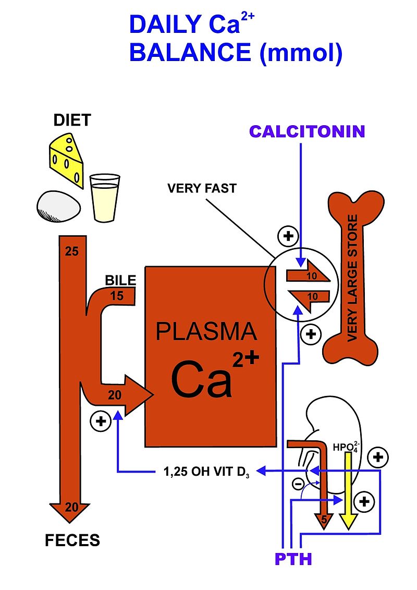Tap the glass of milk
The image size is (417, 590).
(x=104, y=198)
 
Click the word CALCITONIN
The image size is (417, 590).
(x=307, y=131)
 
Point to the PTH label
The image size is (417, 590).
(x=293, y=560)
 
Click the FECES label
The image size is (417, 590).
(x=72, y=540)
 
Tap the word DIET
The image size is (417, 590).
(x=72, y=121)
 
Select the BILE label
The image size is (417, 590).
(x=120, y=280)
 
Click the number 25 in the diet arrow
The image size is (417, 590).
(x=71, y=251)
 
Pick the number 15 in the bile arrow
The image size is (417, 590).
(x=117, y=296)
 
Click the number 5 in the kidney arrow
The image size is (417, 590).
(x=324, y=519)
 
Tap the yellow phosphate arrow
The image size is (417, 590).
(x=348, y=490)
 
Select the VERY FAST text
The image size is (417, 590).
(x=202, y=188)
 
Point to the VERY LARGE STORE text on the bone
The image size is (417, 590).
(x=352, y=278)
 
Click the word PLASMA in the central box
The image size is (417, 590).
(x=207, y=331)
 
